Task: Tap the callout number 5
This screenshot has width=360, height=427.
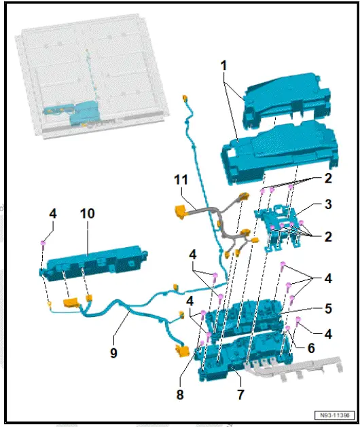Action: (x=327, y=308)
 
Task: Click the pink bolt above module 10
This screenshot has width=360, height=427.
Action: (x=44, y=245)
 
